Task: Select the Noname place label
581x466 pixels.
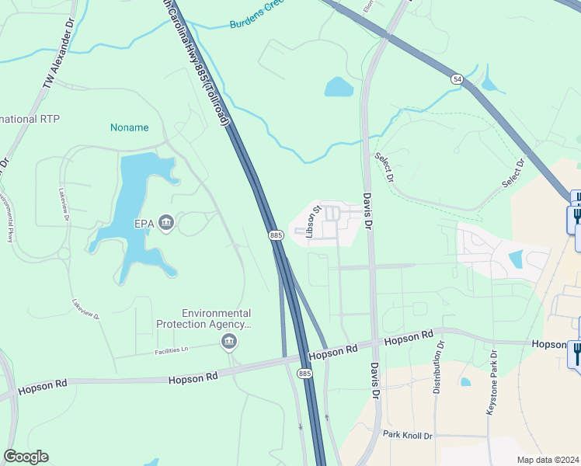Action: tap(129, 127)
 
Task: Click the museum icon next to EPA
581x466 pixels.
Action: tap(166, 224)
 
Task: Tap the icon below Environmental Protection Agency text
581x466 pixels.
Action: tap(229, 342)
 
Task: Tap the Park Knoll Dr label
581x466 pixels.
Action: tap(406, 435)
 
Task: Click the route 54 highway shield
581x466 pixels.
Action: tap(457, 78)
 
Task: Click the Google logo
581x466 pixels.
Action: tap(26, 457)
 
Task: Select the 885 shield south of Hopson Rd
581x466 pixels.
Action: tap(304, 374)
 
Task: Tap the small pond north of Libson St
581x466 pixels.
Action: tap(339, 86)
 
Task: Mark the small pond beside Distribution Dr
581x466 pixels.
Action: tap(464, 382)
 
